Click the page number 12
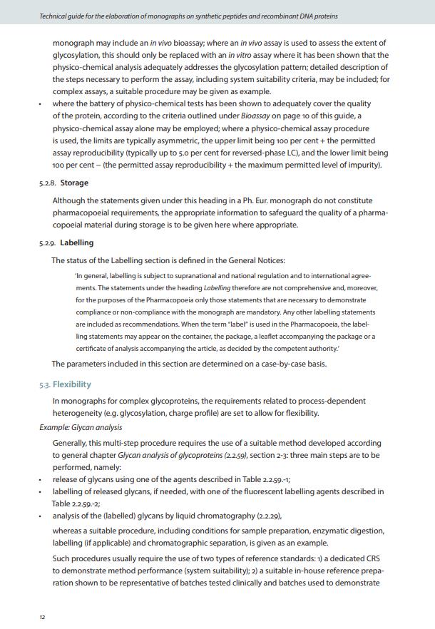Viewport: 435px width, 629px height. point(42,617)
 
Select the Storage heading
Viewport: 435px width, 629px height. point(74,183)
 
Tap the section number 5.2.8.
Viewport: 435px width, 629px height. point(48,183)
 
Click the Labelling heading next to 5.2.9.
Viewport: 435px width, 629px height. point(76,242)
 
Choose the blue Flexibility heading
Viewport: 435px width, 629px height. point(71,384)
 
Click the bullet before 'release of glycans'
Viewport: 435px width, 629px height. point(41,479)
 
